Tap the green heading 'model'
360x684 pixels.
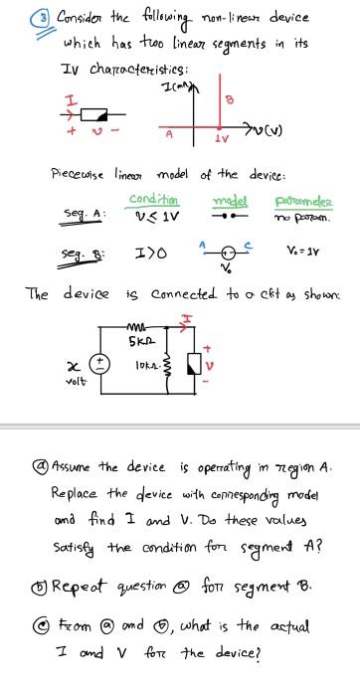pos(231,198)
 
